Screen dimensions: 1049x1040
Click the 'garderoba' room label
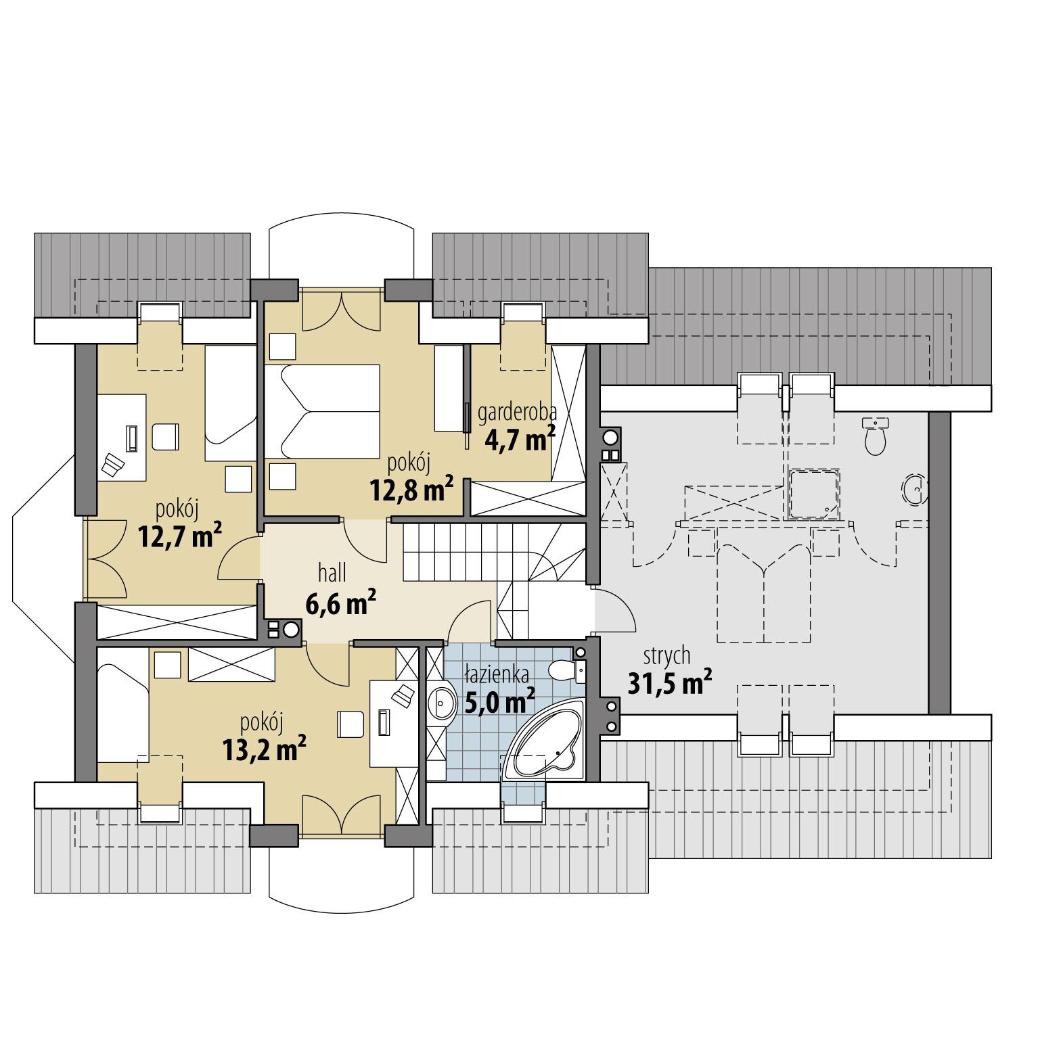pos(517,412)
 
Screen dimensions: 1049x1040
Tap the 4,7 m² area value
pos(520,439)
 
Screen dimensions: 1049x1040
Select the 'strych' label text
pos(666,655)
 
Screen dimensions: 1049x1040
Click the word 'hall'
pos(332,574)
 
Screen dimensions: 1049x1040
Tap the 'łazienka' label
pos(497,674)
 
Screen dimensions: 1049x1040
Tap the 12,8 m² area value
pos(411,490)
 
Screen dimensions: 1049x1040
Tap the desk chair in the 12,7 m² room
pos(165,436)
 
